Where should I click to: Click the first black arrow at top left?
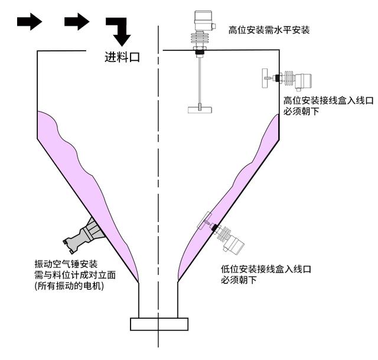(x=29, y=22)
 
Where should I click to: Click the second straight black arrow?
(x=76, y=22)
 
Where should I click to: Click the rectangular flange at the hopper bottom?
(x=159, y=323)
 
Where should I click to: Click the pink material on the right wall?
(x=236, y=189)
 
